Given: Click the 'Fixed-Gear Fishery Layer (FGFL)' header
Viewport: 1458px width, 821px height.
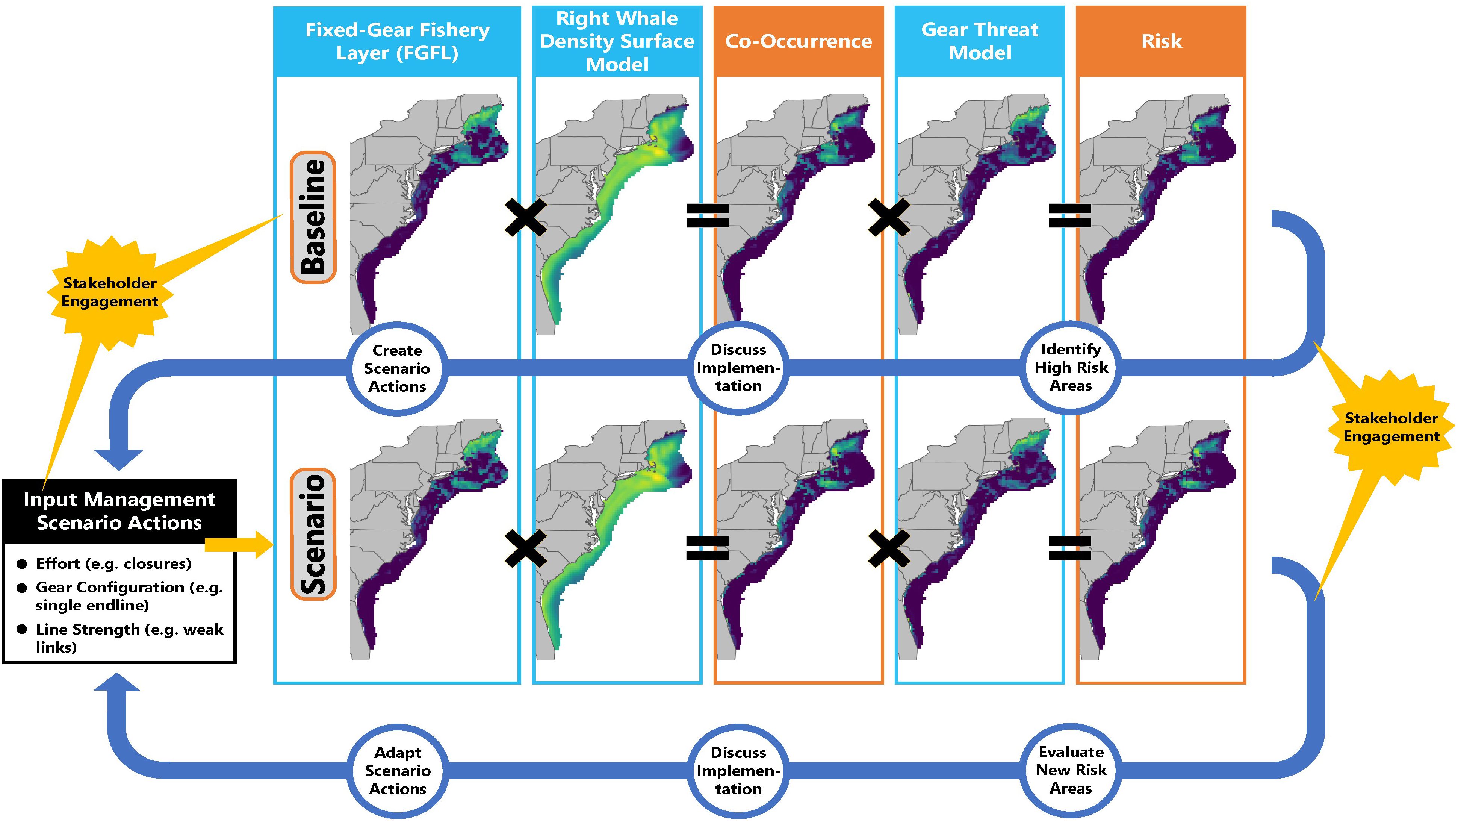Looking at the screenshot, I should [397, 41].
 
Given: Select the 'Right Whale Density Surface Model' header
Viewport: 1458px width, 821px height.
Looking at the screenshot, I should [617, 41].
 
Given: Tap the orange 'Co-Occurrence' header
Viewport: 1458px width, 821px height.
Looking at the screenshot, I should [798, 41].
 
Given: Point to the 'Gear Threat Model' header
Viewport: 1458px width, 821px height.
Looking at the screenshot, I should [979, 41].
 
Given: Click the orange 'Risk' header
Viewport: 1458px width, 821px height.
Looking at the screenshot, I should [1161, 41].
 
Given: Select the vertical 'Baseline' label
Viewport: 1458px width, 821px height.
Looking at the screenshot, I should [313, 217].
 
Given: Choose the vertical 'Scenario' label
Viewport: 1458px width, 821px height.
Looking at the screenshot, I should [313, 533].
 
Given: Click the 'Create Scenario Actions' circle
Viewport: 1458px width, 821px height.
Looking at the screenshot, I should [397, 369].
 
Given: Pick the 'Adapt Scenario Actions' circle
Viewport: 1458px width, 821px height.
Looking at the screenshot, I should [397, 771].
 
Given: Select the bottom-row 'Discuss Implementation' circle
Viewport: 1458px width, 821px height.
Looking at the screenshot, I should [738, 771].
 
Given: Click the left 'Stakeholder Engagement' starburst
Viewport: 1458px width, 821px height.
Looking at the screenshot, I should [110, 292].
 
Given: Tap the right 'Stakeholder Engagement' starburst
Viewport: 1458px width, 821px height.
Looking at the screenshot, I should [1391, 427].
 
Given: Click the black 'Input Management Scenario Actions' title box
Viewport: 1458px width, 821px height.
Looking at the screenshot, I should [119, 511].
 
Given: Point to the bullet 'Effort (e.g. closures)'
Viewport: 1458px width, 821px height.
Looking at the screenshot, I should [113, 564].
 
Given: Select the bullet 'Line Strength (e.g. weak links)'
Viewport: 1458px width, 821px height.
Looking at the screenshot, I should [129, 638].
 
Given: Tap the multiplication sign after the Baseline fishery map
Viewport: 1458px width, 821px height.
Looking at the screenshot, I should [525, 217].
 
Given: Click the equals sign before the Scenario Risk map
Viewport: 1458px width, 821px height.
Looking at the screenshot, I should [1070, 548].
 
